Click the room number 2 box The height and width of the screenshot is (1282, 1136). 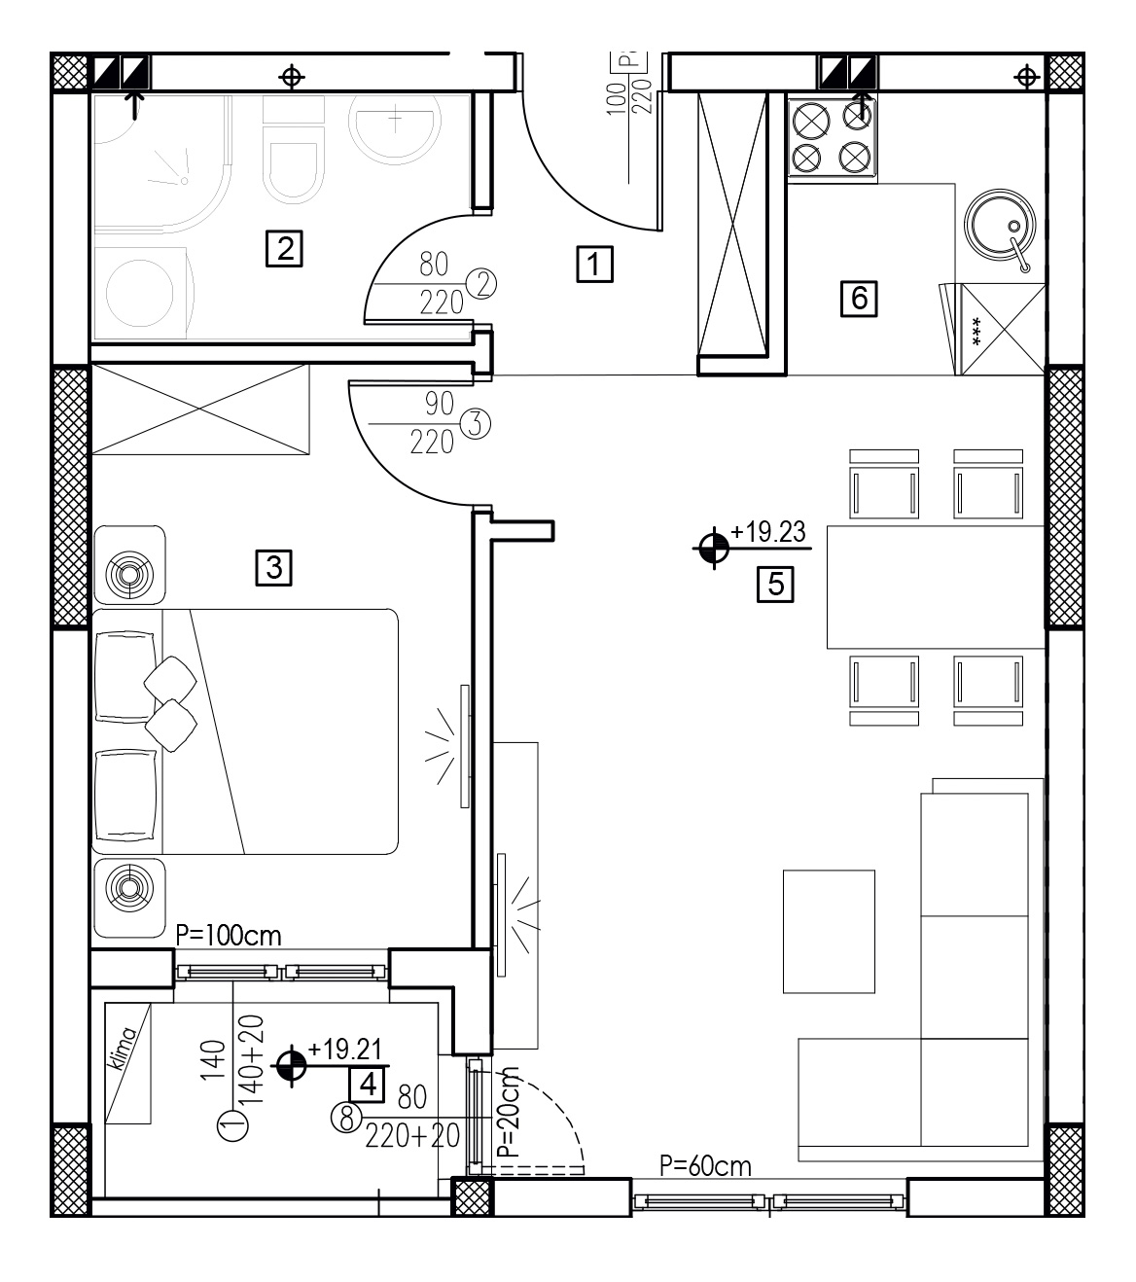coord(284,249)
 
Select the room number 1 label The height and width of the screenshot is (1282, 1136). coord(594,264)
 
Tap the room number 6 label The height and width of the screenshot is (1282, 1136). coord(859,298)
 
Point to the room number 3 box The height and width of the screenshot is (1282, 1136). coord(274,568)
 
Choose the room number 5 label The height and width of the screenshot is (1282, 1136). coord(775,584)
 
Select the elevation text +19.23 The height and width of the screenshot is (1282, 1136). coord(767,531)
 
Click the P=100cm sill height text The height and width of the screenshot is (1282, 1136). coord(229,936)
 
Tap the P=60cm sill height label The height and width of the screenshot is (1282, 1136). coord(705,1165)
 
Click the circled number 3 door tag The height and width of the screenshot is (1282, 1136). coord(476,424)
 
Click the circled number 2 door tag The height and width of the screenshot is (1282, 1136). coord(481,285)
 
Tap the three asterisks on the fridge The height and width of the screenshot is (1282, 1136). coord(976,331)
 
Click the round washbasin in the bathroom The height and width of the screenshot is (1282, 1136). coord(395,129)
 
